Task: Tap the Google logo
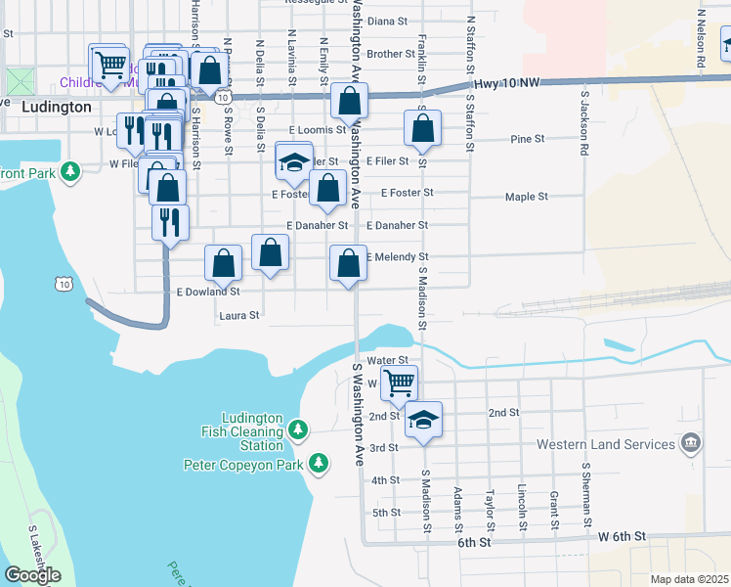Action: coord(32,574)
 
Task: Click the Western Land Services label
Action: coord(606,444)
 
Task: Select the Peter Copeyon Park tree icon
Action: coord(318,463)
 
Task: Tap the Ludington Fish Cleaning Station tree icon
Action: coord(299,429)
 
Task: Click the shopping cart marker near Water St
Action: coord(399,382)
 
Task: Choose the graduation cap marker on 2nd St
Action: coord(423,419)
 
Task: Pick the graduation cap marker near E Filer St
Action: coord(293,162)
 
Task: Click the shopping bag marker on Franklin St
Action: coord(422,128)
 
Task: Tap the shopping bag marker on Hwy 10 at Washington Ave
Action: coord(349,101)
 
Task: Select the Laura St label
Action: coord(239,315)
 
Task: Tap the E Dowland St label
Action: coord(207,292)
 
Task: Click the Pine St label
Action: coord(527,139)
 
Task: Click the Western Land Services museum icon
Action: coord(691,443)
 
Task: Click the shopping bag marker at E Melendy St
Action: coord(349,263)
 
